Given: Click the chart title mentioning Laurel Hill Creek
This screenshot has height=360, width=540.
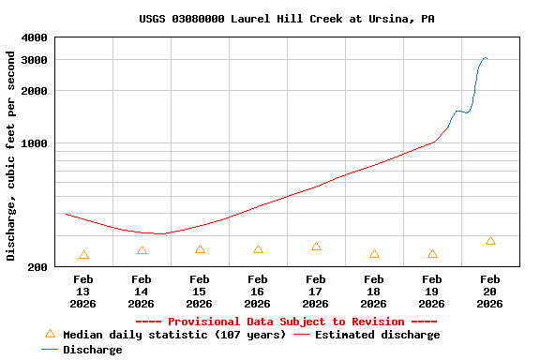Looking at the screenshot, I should point(286,19).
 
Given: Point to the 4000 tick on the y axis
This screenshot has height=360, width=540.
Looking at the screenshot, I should point(35,37).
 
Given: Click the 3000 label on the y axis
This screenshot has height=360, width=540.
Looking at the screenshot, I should point(35,60).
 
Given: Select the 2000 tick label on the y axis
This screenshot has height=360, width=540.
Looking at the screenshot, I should point(35,91).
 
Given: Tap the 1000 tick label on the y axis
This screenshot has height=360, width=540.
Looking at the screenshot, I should point(35,143).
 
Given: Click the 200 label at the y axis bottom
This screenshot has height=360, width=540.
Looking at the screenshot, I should point(38,267).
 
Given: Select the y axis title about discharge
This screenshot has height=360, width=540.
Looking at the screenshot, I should point(11,156).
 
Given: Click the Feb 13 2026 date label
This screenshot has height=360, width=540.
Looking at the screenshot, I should point(83,291).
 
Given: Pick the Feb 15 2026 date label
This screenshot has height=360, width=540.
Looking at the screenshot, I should point(200,291).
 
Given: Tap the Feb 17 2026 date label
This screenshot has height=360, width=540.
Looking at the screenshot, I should point(316,291).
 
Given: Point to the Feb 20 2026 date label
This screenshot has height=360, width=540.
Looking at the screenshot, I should point(490,291).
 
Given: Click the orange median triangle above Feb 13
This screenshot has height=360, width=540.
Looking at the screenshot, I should point(83,255).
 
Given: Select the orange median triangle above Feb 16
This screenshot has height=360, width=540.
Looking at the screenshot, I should point(258,249).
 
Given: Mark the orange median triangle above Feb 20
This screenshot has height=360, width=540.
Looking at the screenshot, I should point(490,241).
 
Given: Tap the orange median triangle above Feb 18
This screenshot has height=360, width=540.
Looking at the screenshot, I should point(374,254).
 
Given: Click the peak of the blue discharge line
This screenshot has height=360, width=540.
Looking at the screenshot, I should point(485,58).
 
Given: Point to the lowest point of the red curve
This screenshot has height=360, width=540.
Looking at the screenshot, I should point(159,233).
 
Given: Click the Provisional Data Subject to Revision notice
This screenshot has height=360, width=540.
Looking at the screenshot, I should point(286,322).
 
